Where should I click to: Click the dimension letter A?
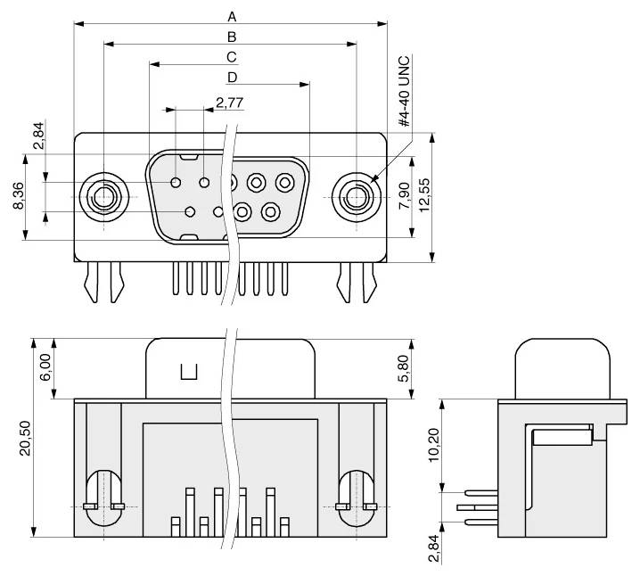tap(232, 16)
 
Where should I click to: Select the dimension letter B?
tap(232, 37)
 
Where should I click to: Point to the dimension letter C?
tap(231, 57)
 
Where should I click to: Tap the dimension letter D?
tap(231, 78)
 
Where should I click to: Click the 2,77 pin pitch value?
tap(230, 103)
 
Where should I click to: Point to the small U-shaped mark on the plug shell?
tap(190, 373)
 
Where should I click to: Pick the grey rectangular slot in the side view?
tap(562, 436)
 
